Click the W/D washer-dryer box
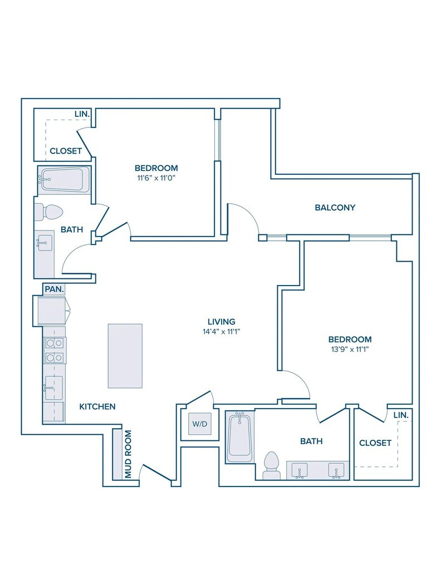[x=200, y=424]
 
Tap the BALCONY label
[x=335, y=208]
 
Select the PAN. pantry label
[x=55, y=289]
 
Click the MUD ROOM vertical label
[x=128, y=454]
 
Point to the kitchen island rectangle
[x=125, y=356]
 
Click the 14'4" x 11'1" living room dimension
[x=222, y=332]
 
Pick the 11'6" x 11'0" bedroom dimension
[x=156, y=178]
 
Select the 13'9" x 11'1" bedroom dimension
[x=350, y=350]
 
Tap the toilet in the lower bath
[x=272, y=465]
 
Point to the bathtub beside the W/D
[x=239, y=436]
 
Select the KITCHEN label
[x=97, y=406]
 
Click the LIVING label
[x=222, y=321]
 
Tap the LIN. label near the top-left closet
[x=82, y=114]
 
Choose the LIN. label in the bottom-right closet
[x=401, y=415]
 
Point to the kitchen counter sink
[x=53, y=387]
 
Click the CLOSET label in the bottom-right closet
[x=375, y=443]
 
